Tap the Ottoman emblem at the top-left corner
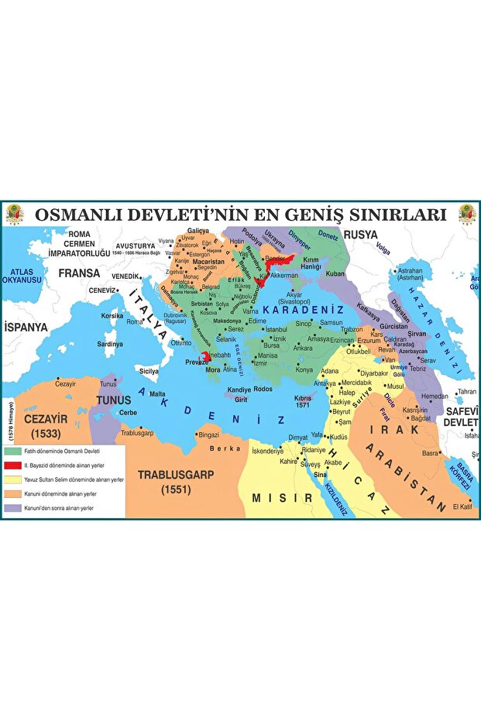point(15,215)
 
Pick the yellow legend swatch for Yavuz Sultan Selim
point(12,479)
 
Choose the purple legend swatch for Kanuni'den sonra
point(12,507)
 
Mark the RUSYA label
point(360,234)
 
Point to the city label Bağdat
point(421,418)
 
